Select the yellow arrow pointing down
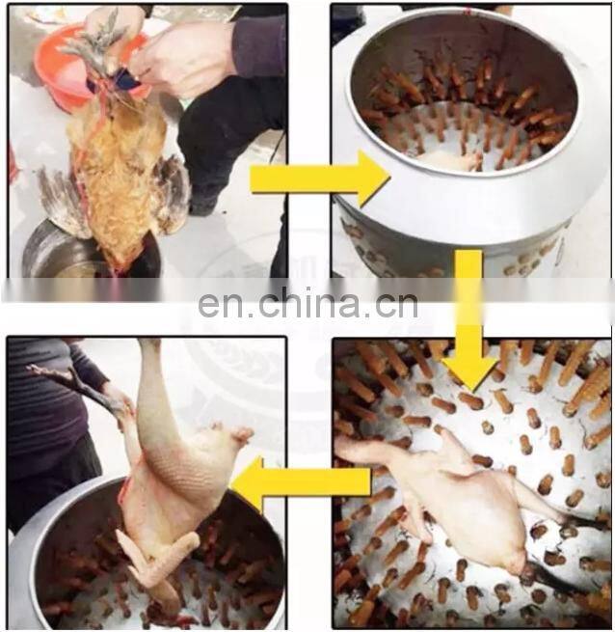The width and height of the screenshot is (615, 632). pos(468,318)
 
